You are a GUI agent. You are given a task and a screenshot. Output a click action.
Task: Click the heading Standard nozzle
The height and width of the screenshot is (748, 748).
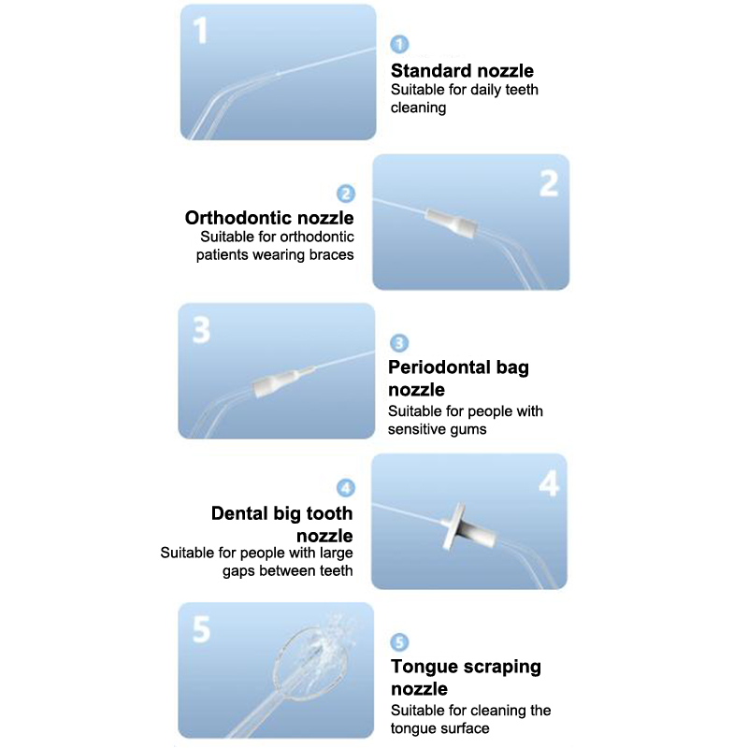coord(462,71)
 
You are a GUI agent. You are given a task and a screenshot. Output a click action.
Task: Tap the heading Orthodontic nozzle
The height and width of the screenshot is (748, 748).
coord(269,218)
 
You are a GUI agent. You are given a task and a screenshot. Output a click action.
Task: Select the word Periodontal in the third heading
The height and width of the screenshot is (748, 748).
coord(439,367)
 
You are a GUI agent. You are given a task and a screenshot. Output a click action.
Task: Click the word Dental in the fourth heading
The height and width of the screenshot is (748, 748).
coord(239,513)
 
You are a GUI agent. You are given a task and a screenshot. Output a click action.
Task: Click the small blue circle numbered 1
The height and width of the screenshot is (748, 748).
coord(399,44)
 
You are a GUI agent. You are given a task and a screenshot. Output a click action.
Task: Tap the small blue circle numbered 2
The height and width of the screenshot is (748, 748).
coord(346,194)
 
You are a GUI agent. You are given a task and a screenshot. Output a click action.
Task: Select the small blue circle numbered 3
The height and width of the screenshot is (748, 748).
coord(399,343)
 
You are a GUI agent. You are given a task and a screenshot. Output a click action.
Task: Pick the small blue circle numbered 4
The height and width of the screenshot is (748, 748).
coord(346,488)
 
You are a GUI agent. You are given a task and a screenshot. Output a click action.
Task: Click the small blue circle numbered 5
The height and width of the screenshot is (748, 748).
coord(399,642)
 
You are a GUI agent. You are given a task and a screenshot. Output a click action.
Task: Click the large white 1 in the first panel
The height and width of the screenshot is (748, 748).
coord(201,31)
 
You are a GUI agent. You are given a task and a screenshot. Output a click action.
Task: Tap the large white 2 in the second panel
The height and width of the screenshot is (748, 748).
coord(549,183)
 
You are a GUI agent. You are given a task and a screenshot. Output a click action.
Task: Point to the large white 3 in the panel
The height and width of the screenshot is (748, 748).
coord(201,330)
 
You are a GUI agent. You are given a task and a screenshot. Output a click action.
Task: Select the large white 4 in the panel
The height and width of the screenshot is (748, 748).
coord(549,483)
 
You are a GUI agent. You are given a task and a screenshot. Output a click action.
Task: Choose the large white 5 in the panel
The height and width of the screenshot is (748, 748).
coord(201,628)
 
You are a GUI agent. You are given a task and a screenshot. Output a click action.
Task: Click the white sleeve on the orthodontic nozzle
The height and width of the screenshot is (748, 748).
coord(452,223)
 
